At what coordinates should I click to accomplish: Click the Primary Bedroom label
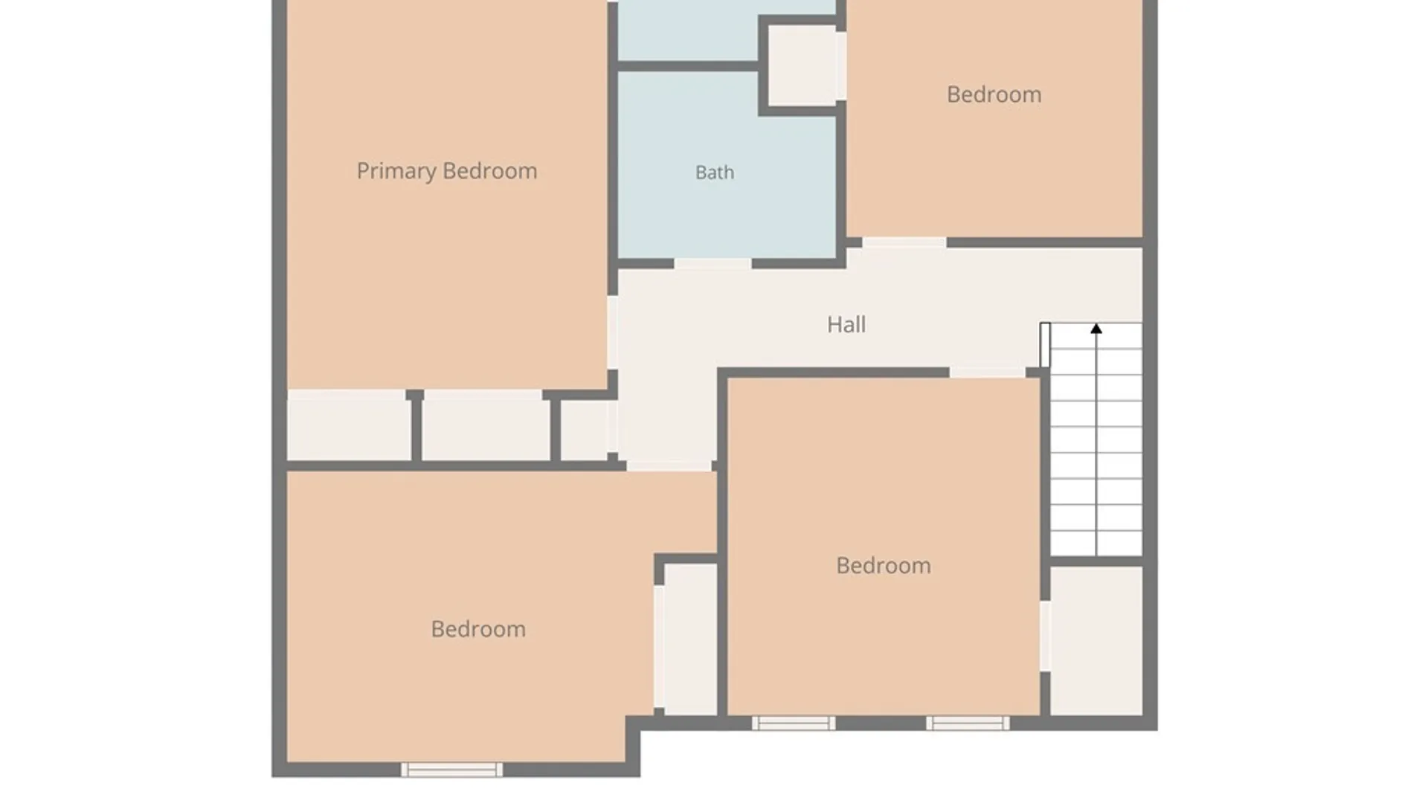(x=446, y=171)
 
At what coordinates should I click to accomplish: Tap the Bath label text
(x=715, y=172)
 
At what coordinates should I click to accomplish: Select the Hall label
(x=846, y=324)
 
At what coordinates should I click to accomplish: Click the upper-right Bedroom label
(x=994, y=94)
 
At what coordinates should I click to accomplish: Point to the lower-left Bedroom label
(x=478, y=629)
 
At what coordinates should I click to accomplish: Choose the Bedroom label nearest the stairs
(x=884, y=565)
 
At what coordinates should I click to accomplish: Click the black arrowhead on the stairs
(x=1096, y=328)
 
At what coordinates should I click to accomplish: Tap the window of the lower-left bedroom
(x=451, y=770)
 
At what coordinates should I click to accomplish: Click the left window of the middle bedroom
(x=794, y=723)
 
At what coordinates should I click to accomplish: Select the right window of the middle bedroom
(x=968, y=723)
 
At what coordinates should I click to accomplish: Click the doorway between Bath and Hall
(x=713, y=264)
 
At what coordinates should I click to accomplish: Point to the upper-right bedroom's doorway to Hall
(x=904, y=243)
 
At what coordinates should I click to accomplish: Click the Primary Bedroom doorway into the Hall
(x=612, y=332)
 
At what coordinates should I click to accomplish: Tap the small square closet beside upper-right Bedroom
(x=803, y=65)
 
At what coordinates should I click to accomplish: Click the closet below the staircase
(x=1096, y=640)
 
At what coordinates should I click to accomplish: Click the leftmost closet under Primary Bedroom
(x=349, y=425)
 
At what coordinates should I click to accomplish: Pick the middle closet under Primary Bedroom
(x=486, y=425)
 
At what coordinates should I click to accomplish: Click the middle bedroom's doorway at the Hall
(x=988, y=372)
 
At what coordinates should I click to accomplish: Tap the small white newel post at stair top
(x=1045, y=344)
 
